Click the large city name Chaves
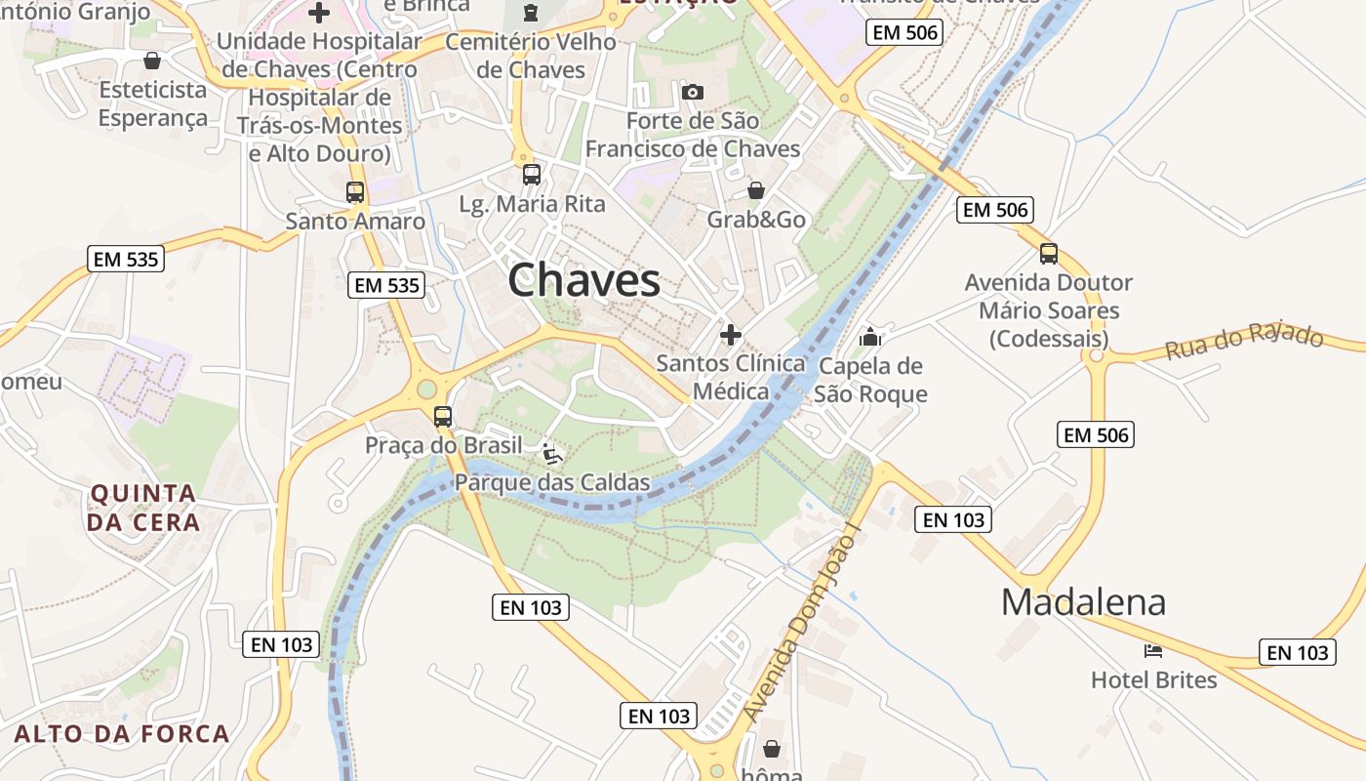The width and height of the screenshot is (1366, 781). [583, 281]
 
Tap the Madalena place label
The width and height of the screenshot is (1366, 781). [1083, 601]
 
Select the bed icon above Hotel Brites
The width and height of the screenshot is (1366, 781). [1153, 650]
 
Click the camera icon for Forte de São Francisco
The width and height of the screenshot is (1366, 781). [693, 92]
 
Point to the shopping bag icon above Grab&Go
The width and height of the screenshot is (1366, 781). [756, 189]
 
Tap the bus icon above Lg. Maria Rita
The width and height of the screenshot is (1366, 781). [532, 175]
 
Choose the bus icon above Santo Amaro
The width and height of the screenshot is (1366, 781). [355, 191]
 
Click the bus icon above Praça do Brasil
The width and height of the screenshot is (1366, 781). [443, 417]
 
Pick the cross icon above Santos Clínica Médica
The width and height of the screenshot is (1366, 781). [730, 335]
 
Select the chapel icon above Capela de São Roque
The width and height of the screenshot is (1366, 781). [870, 338]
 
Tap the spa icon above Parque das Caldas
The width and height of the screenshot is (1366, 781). [552, 453]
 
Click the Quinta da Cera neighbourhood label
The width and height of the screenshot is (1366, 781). [143, 508]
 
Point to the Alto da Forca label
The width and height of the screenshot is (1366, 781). [122, 733]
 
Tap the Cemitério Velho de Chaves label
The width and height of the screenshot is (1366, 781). [531, 56]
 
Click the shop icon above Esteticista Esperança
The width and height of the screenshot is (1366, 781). [152, 62]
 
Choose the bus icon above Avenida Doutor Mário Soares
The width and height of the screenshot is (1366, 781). [1049, 254]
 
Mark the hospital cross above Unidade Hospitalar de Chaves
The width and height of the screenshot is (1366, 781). [319, 13]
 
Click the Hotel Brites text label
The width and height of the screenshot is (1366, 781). [1153, 679]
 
